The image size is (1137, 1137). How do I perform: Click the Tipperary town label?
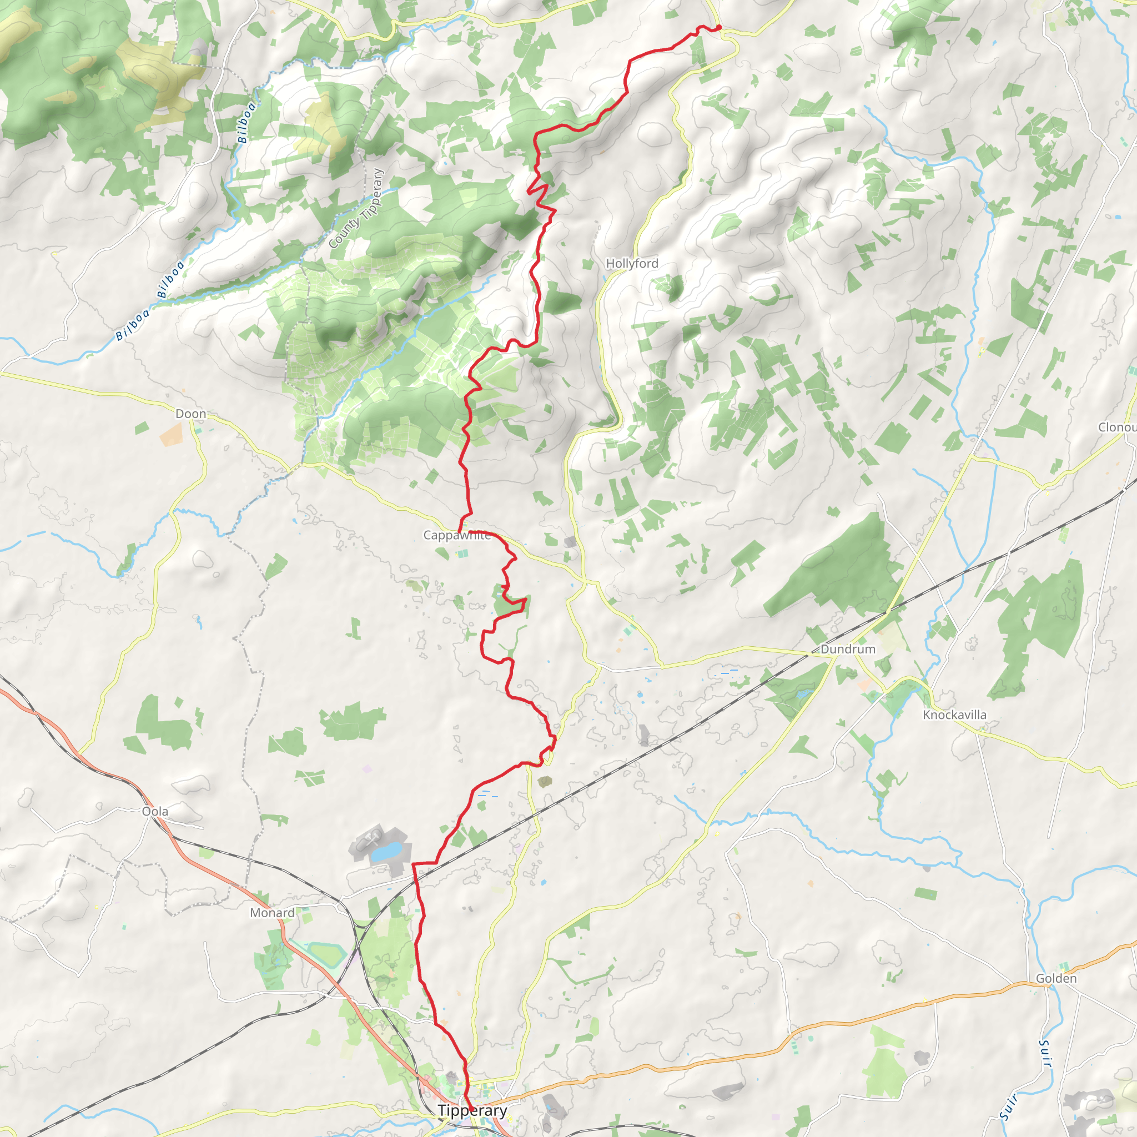tap(472, 1110)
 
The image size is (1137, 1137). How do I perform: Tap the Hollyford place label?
tap(632, 264)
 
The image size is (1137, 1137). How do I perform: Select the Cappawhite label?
tap(457, 535)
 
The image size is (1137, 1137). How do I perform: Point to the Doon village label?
tap(190, 414)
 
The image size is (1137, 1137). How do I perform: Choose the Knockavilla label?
tap(954, 715)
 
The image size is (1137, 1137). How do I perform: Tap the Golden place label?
tap(1056, 978)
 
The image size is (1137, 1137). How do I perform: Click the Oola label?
tap(155, 811)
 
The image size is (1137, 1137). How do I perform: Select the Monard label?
tap(272, 912)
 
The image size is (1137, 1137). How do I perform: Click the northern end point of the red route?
tap(718, 28)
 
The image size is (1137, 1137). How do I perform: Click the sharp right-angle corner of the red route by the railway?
tap(413, 864)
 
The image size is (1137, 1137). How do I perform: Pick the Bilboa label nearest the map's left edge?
tap(132, 325)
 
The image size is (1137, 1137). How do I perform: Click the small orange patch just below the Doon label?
tap(171, 434)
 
